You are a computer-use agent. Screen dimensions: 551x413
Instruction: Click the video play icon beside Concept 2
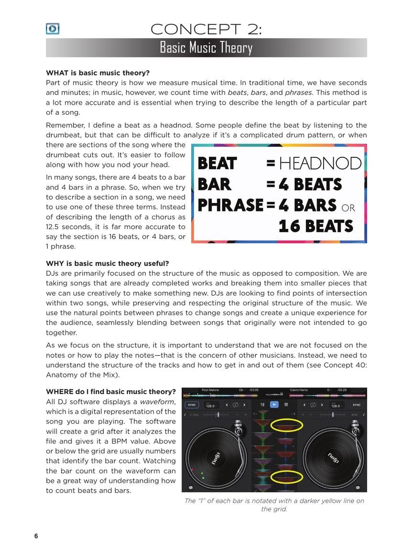pyautogui.click(x=53, y=29)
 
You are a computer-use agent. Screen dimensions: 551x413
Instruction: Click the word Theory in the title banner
pyautogui.click(x=233, y=48)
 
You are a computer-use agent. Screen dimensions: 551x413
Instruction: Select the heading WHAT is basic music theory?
pyautogui.click(x=98, y=73)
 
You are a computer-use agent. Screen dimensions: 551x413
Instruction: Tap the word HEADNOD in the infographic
pyautogui.click(x=320, y=164)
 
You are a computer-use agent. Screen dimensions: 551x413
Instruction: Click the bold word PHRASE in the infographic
pyautogui.click(x=230, y=205)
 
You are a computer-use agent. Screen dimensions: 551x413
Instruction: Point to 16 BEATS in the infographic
pyautogui.click(x=315, y=226)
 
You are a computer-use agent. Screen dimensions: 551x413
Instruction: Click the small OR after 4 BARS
pyautogui.click(x=348, y=209)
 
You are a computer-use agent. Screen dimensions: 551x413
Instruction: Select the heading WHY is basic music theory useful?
pyautogui.click(x=107, y=263)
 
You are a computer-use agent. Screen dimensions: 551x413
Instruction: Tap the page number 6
pyautogui.click(x=36, y=536)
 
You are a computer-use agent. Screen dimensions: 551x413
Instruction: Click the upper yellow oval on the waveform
pyautogui.click(x=286, y=425)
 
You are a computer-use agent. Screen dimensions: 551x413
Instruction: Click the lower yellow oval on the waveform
pyautogui.click(x=286, y=476)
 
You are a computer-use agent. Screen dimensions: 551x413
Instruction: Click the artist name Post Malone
pyautogui.click(x=210, y=390)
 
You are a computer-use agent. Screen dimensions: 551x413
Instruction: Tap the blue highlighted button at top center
pyautogui.click(x=274, y=405)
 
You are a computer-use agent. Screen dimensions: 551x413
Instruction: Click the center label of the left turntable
pyautogui.click(x=216, y=457)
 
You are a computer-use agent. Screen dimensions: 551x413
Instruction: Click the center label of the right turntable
pyautogui.click(x=333, y=457)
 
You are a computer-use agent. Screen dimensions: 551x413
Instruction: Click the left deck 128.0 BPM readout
pyautogui.click(x=210, y=406)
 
